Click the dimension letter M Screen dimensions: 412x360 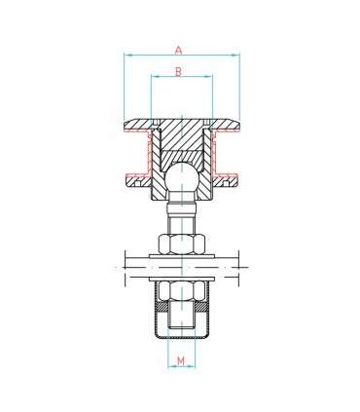(x=182, y=362)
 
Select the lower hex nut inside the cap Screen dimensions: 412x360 (x=183, y=289)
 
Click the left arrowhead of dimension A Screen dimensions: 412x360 (x=126, y=56)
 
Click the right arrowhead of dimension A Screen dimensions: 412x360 (x=237, y=56)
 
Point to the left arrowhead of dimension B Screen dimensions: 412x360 (x=154, y=81)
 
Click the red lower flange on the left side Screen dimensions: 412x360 (x=135, y=176)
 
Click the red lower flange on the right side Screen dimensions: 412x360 (x=230, y=176)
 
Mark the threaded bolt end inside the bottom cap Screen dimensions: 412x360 (x=183, y=316)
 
